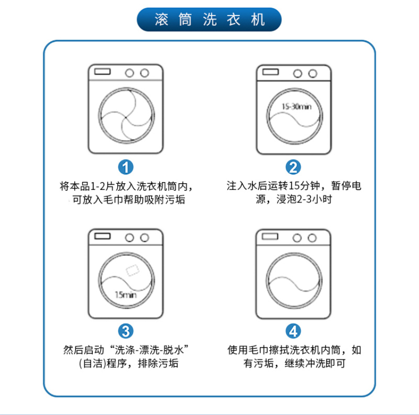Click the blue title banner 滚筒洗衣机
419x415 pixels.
point(209,19)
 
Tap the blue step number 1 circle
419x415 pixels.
point(126,167)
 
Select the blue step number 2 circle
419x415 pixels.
point(293,167)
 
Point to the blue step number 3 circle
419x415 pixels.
point(126,331)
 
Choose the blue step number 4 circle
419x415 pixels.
point(293,331)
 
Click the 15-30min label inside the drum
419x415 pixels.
point(296,107)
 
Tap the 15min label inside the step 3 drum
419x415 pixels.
point(126,295)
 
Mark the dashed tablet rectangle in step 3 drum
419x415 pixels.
point(133,270)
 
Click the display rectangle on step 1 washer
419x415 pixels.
point(102,71)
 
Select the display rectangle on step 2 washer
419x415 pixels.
point(270,72)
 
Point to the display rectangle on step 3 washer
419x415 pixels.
point(102,236)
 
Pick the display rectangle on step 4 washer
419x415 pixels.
point(270,237)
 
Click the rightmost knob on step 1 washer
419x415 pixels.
point(145,73)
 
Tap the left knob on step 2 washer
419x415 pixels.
point(297,73)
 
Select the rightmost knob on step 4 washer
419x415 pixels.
point(312,238)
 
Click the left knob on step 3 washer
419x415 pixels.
point(129,238)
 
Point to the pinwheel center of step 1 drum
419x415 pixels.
point(126,117)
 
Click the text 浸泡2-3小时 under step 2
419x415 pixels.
point(304,199)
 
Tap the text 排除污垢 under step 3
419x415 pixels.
point(158,363)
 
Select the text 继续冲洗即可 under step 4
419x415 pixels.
point(315,363)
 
